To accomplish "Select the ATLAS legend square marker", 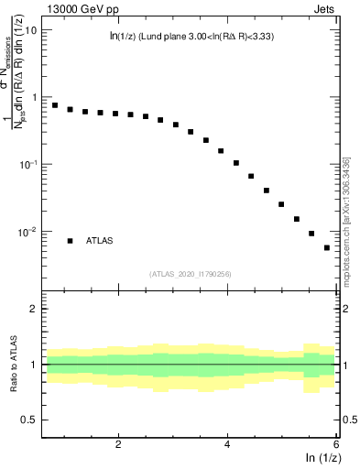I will pos(70,240).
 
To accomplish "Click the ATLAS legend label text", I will pos(100,240).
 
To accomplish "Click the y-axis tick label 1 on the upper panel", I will pos(34,97).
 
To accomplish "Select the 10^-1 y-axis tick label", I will pos(27,164).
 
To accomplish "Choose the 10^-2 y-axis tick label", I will pos(27,232).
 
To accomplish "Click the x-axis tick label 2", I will pos(118,444).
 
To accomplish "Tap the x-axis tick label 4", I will pos(227,444).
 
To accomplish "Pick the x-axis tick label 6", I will pos(335,444).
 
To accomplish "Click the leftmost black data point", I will pos(55,105).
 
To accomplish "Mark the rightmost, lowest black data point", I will pos(327,247).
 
